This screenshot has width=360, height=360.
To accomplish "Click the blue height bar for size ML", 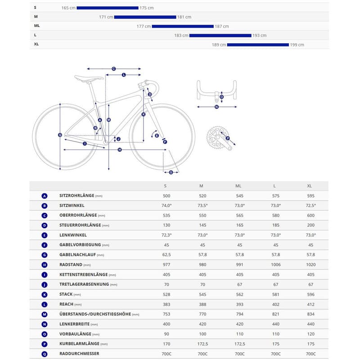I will [183, 26].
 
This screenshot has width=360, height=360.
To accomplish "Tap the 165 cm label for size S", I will [68, 8].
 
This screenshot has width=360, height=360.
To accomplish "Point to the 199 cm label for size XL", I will [297, 45].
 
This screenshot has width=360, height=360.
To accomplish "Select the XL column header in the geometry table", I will [309, 186].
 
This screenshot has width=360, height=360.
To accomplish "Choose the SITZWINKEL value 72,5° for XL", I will [309, 206].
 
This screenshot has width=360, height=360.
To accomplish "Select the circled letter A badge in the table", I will [45, 196].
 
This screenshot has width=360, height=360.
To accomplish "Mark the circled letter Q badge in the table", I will [45, 354].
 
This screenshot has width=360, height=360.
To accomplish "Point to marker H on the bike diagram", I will [120, 149].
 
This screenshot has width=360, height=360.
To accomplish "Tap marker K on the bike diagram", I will [144, 114].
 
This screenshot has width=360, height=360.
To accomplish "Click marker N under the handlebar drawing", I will [216, 107].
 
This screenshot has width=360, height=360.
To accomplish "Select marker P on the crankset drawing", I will [228, 138].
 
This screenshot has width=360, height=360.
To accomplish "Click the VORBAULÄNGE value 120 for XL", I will [309, 334].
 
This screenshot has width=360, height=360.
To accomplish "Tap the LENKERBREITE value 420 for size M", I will [202, 324].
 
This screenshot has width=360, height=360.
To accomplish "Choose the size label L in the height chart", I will [35, 35].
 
